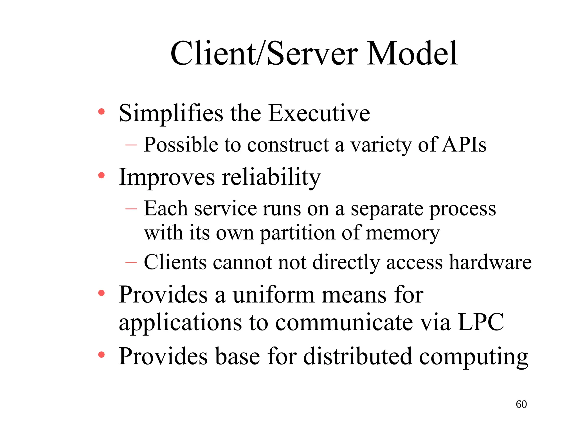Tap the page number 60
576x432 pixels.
521,404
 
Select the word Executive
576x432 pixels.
319,113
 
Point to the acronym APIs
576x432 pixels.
464,145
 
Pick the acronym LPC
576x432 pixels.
481,322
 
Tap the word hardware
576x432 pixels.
490,262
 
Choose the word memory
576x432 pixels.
403,233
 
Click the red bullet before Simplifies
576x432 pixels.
101,112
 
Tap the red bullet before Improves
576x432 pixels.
101,176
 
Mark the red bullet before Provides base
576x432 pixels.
101,355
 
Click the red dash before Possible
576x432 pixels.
131,145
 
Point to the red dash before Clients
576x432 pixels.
131,263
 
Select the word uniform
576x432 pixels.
273,295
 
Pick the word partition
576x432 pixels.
298,233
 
